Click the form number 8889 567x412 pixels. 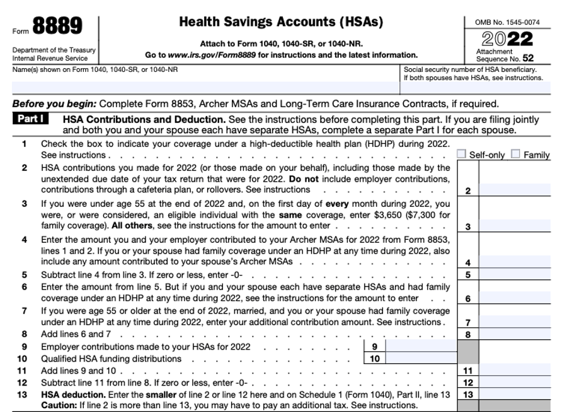tap(57, 26)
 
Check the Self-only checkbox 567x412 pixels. tap(462, 154)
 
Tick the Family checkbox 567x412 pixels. tap(516, 154)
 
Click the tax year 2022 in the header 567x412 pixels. tap(507, 39)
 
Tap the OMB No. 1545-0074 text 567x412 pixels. tap(507, 23)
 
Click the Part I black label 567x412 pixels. tap(30, 119)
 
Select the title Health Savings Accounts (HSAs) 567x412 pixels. tap(281, 22)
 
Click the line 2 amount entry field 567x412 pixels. tap(514, 190)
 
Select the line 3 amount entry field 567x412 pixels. tap(514, 226)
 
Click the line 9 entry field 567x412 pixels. tap(420, 346)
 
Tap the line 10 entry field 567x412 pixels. tap(420, 358)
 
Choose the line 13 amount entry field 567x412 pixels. tap(514, 394)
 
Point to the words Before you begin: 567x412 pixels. tap(55, 104)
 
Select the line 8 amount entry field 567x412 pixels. tap(514, 334)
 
